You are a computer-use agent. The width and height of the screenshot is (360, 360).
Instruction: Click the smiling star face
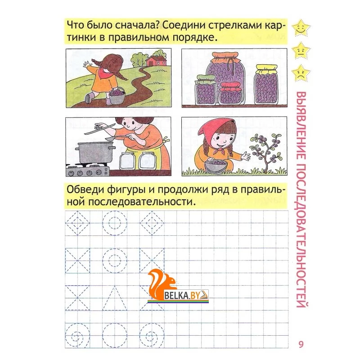pyautogui.click(x=301, y=29)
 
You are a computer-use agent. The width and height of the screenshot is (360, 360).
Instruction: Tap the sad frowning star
pyautogui.click(x=301, y=74)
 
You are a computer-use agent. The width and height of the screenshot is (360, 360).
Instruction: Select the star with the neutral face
pyautogui.click(x=301, y=51)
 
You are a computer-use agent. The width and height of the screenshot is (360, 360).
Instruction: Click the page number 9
pyautogui.click(x=301, y=344)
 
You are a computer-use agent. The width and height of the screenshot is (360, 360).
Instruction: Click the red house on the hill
pyautogui.click(x=156, y=61)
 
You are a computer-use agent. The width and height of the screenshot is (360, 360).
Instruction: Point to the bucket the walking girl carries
pyautogui.click(x=117, y=96)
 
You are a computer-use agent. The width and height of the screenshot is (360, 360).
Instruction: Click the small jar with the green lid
pyautogui.click(x=205, y=90)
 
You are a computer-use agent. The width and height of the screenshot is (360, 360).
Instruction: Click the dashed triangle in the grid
pyautogui.click(x=114, y=298)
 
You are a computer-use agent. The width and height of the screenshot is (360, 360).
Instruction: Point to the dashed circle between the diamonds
pyautogui.click(x=114, y=223)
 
